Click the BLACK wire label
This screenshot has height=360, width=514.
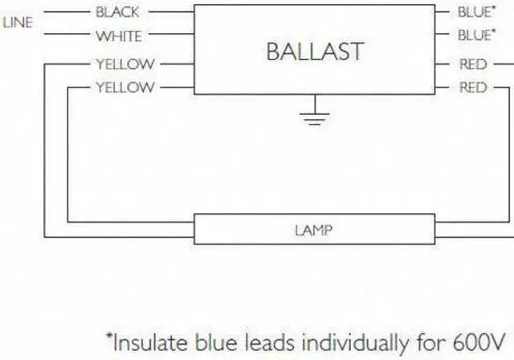point(117,12)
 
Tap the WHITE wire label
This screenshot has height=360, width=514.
point(118,36)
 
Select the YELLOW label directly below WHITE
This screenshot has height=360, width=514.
point(124,63)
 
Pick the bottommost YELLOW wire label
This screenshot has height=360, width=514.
point(124,88)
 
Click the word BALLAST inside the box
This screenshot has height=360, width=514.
point(314,51)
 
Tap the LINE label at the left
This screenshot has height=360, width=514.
point(18,23)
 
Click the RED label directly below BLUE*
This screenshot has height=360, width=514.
point(472,63)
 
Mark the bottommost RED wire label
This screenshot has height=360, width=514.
point(472,88)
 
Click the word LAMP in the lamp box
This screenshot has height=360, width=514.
point(314,230)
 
